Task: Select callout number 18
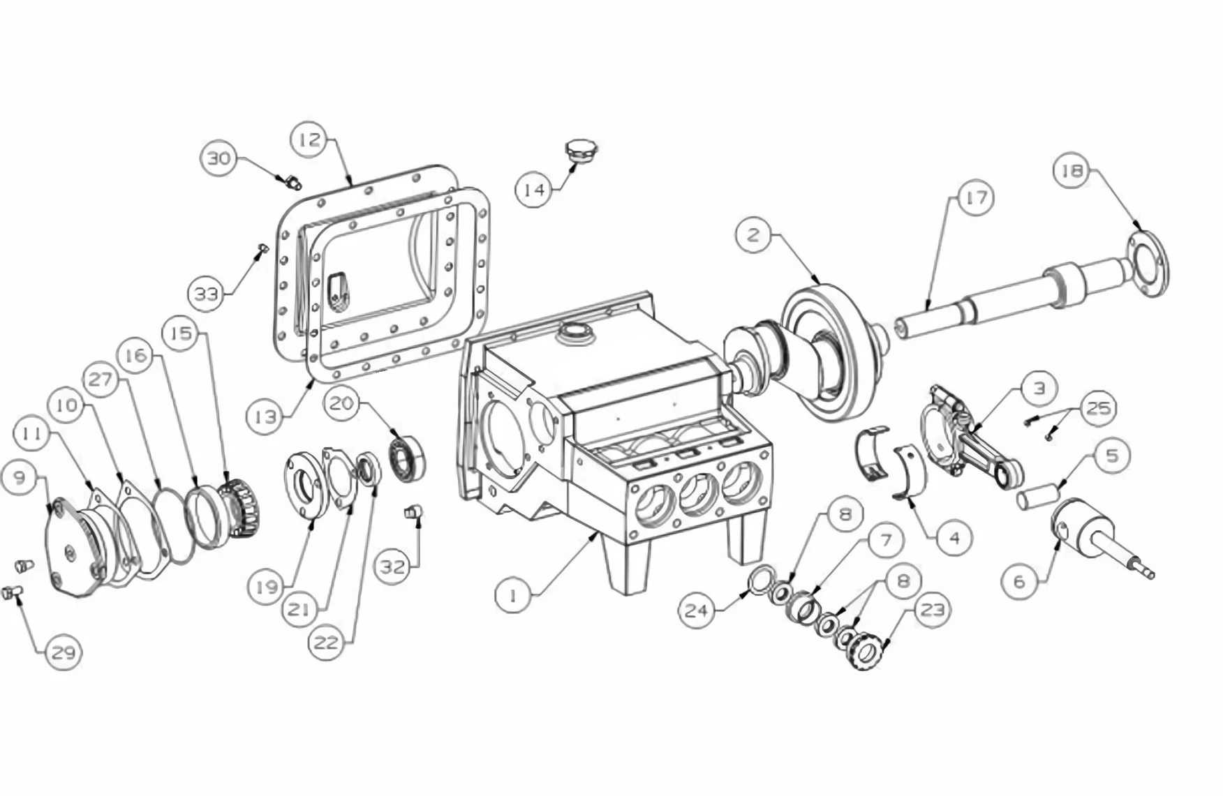1072,170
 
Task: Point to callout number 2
753,235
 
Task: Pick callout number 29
64,652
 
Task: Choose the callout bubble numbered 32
392,566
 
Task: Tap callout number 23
933,610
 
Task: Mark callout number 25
1098,407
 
